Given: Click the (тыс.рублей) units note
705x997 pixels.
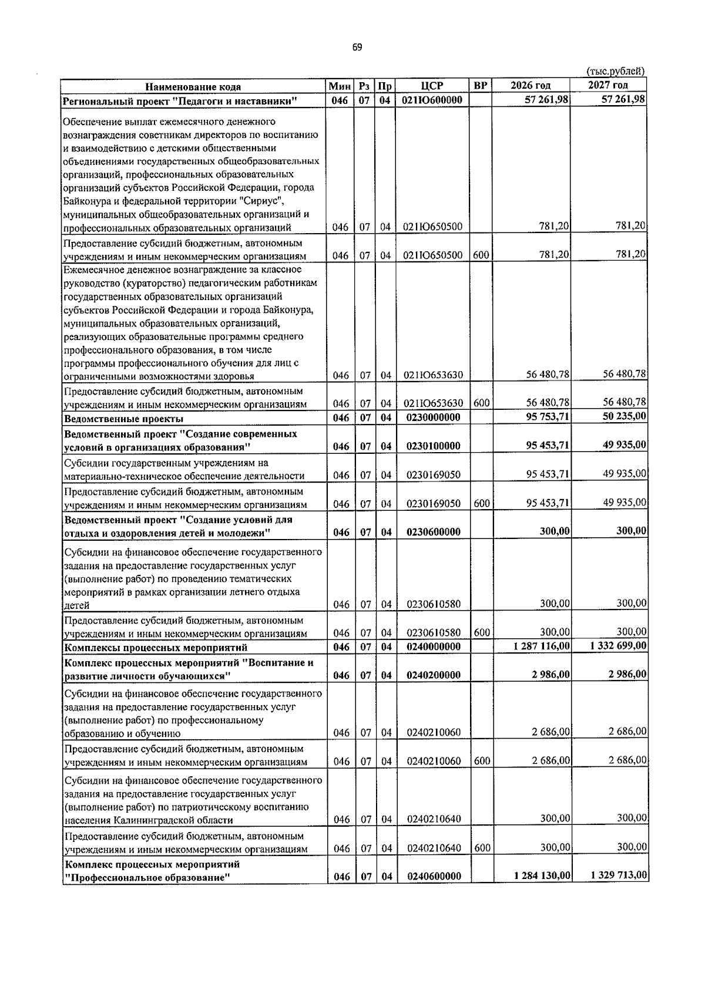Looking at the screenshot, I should (x=616, y=71).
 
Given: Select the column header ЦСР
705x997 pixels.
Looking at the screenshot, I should (x=432, y=86).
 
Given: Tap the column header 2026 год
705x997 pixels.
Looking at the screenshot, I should (x=530, y=86).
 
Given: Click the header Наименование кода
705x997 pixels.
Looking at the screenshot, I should (x=193, y=87).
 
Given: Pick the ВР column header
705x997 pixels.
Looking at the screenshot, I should (x=480, y=86).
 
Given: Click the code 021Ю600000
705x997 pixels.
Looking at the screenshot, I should (x=432, y=100).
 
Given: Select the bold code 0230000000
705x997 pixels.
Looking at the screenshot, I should (x=432, y=418).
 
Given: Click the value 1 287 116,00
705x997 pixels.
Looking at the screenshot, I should (x=541, y=646).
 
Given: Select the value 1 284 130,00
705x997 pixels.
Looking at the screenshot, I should (x=541, y=875).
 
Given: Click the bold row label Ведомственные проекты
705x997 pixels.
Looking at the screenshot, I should (x=123, y=419).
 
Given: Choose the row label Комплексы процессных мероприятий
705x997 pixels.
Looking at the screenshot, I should (x=155, y=648).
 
